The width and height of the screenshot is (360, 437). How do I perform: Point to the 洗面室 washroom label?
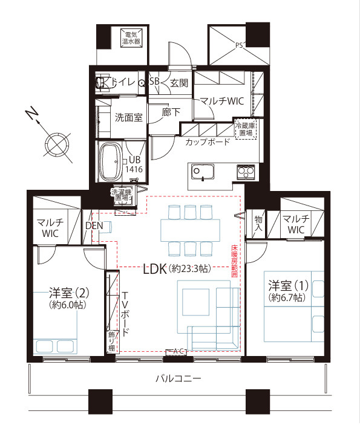pos(128,117)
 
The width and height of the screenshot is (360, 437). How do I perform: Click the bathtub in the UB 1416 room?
pos(110,162)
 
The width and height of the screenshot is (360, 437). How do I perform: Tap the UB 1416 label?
pos(134,165)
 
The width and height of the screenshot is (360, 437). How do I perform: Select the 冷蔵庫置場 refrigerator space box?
pos(246,129)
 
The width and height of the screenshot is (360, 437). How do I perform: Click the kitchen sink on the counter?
pos(203,173)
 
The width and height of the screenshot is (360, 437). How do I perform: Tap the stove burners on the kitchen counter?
pos(245,172)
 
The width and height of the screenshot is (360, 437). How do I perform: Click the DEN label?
pos(94,225)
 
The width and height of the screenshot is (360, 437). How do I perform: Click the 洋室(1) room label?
pos(287,290)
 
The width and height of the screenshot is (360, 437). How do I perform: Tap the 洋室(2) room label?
pos(69,299)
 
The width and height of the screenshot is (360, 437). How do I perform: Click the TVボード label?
pos(125,314)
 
